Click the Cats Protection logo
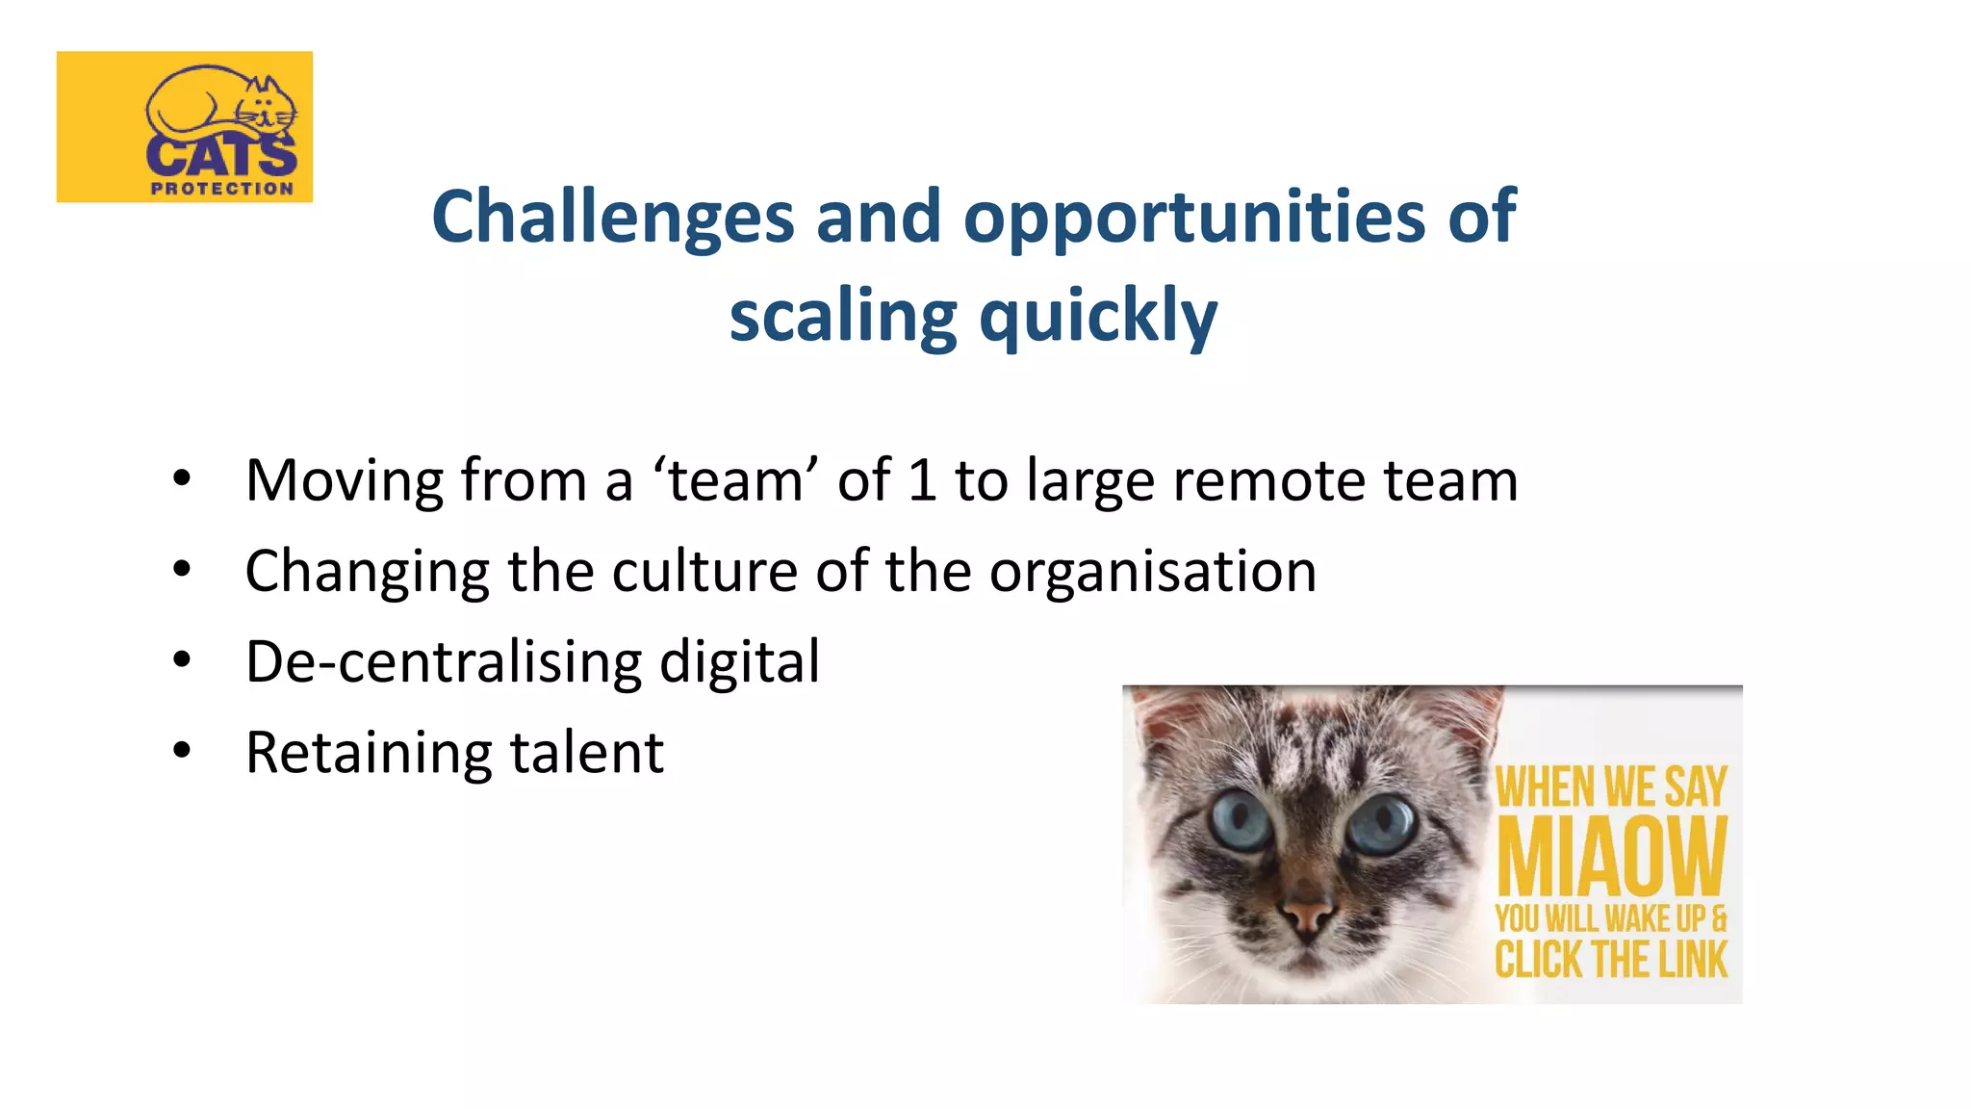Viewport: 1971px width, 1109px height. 185,126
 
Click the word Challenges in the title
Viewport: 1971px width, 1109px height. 612,217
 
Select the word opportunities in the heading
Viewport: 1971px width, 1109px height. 1193,217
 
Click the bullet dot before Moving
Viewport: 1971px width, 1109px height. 182,478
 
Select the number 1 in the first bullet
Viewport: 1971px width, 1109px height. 922,479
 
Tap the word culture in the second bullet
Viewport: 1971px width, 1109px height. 704,571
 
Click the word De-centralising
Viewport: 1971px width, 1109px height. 443,661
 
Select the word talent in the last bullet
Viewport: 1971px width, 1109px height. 587,752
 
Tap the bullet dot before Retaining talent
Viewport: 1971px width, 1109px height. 182,751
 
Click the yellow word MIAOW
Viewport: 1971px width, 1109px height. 1612,856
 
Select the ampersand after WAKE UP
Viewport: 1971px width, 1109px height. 1719,918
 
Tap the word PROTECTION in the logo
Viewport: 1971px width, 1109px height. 222,189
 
